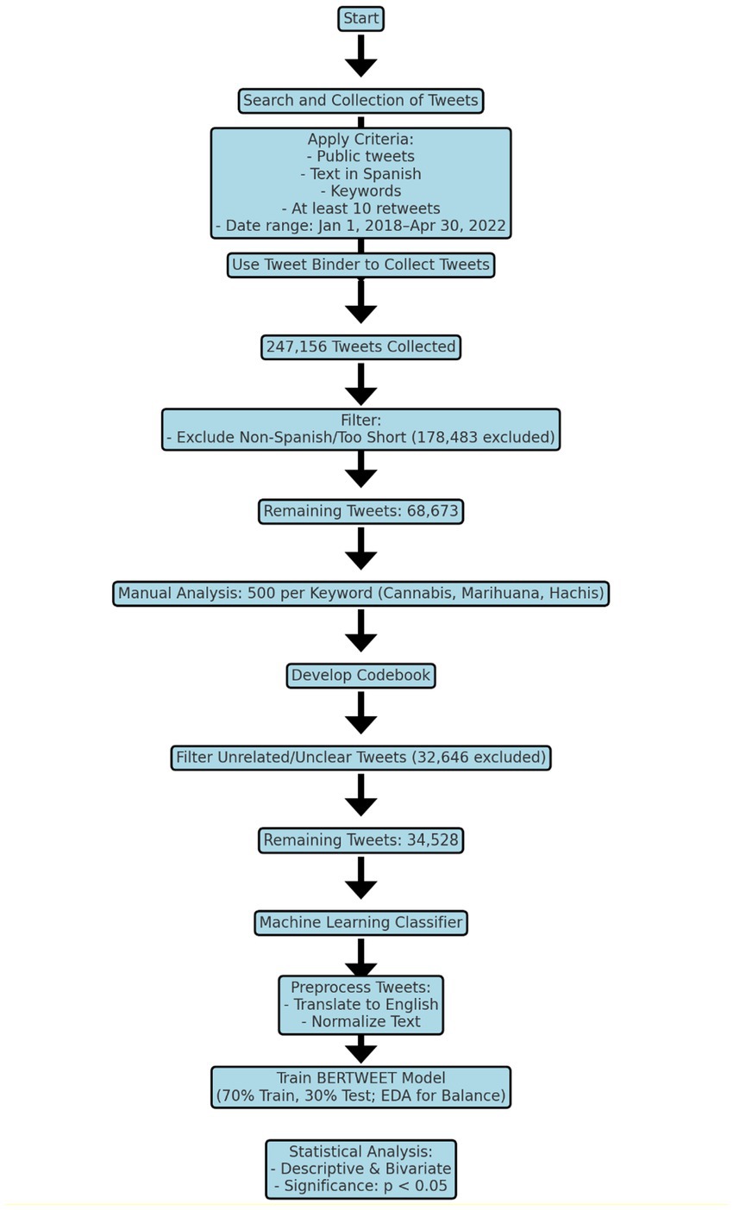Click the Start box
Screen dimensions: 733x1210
[360, 18]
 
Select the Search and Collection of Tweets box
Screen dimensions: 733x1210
[360, 101]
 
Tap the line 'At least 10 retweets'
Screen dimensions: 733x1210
[360, 209]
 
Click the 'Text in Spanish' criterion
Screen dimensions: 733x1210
[360, 174]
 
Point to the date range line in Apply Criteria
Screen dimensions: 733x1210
[360, 226]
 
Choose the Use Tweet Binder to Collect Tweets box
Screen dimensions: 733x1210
[360, 265]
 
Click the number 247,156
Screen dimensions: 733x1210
[297, 346]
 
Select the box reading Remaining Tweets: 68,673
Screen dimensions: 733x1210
[360, 511]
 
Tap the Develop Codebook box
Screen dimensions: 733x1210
[360, 675]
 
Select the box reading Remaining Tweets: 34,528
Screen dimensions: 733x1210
[360, 840]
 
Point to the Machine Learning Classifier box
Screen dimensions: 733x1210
[360, 922]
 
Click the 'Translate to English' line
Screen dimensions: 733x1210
[360, 1004]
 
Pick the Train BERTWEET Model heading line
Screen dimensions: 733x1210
[360, 1077]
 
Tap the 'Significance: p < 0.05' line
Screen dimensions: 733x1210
[360, 1186]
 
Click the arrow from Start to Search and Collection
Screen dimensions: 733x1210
[360, 56]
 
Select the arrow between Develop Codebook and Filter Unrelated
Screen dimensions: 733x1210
[360, 713]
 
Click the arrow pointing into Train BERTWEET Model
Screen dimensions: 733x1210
[360, 1049]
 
